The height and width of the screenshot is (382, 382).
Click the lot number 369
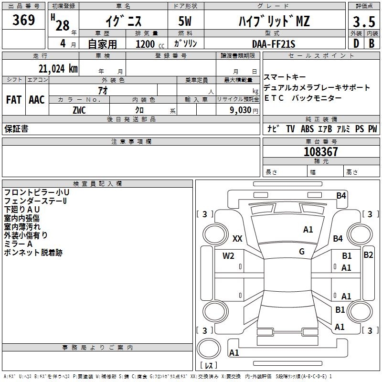point(24,21)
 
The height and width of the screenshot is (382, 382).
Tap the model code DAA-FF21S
point(274,44)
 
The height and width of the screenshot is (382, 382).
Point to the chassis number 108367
point(321,152)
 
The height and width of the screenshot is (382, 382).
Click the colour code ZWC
point(79,110)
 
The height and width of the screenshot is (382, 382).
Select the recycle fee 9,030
point(241,110)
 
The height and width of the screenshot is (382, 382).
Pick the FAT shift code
point(13,100)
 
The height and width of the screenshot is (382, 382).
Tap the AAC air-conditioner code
point(37,100)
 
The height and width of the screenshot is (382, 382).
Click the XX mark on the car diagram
point(237,239)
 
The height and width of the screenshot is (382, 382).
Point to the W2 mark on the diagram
point(228,256)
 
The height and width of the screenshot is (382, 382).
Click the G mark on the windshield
point(302,252)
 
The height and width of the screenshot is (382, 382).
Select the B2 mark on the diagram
point(368,255)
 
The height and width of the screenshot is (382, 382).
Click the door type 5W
point(185,22)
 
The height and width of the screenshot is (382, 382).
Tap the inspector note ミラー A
point(18,244)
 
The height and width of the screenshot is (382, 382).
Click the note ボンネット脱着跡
point(33,253)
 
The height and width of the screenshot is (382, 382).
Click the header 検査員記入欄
point(97,184)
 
